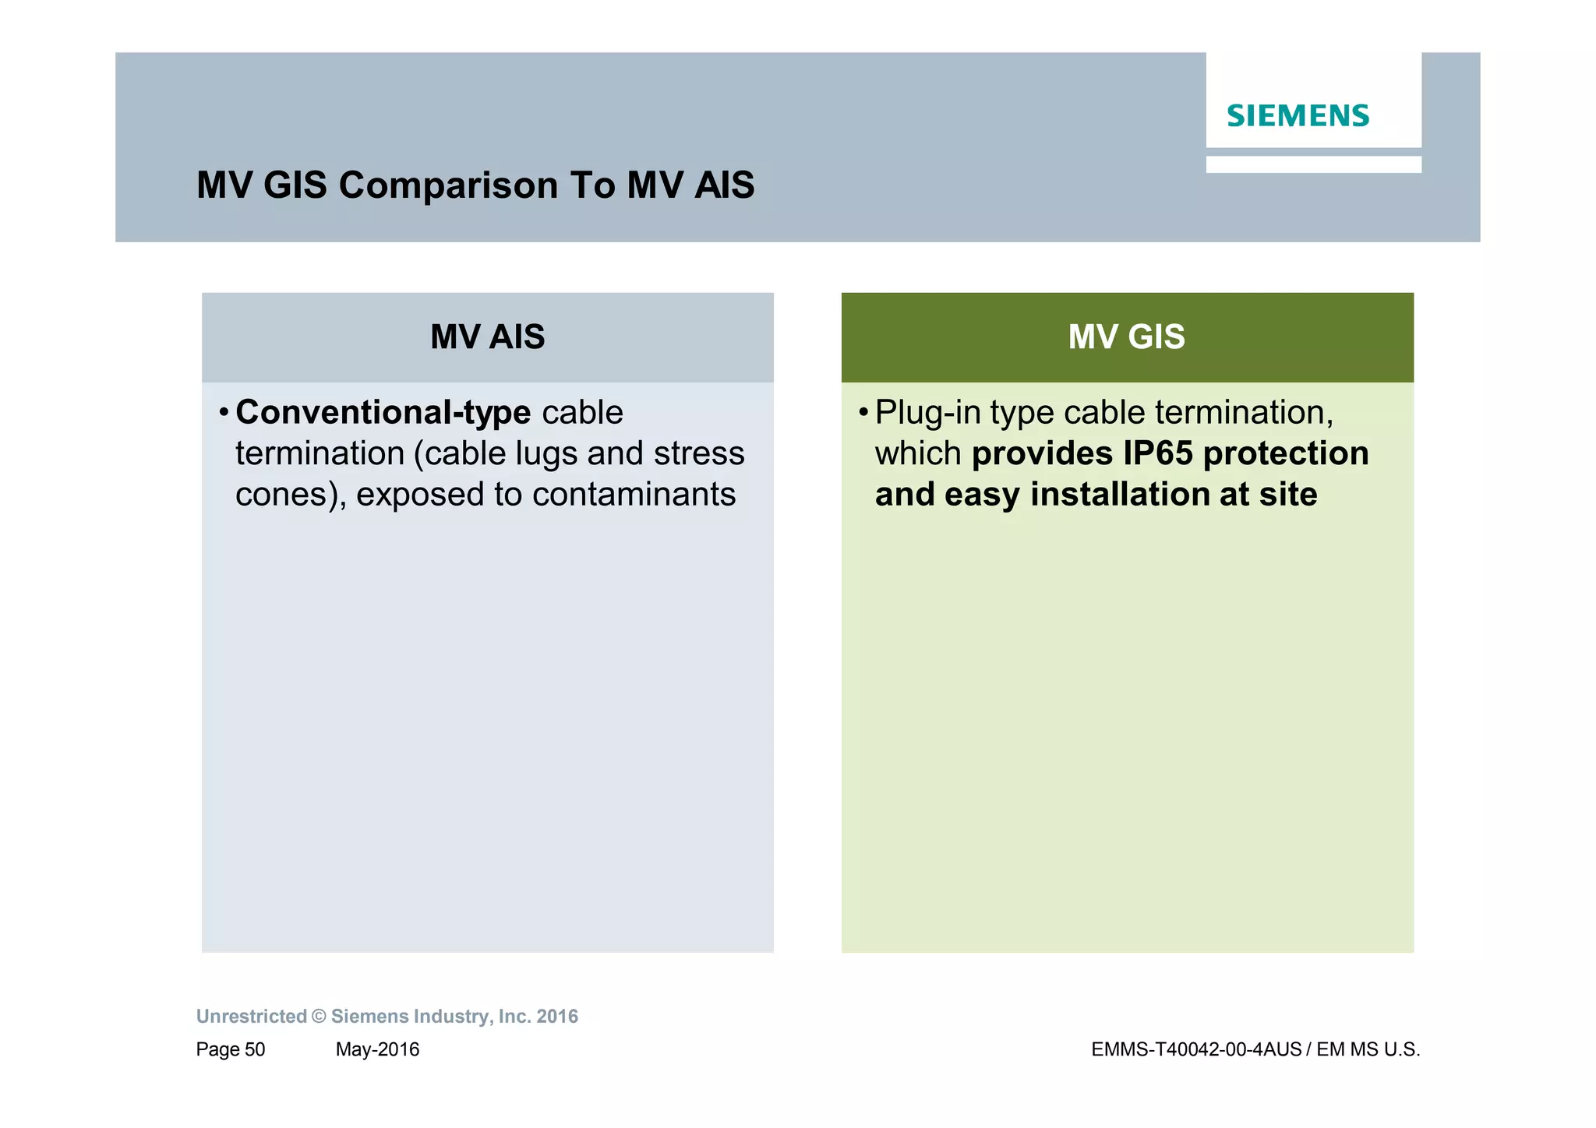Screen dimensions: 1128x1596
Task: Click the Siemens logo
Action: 1298,116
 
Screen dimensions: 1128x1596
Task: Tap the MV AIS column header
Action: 487,337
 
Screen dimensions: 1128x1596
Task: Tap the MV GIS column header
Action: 1126,337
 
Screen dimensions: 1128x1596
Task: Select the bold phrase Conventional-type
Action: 383,413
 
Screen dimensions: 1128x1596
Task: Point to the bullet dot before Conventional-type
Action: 224,412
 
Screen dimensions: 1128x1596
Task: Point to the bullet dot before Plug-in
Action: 863,412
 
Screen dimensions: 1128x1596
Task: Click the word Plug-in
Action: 927,413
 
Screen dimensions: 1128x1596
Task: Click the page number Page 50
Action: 231,1049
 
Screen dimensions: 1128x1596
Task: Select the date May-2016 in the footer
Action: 377,1049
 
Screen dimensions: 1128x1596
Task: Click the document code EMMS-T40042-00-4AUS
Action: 1195,1049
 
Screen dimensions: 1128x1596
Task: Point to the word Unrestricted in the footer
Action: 251,1017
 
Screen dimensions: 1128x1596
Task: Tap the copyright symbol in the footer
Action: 319,1017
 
